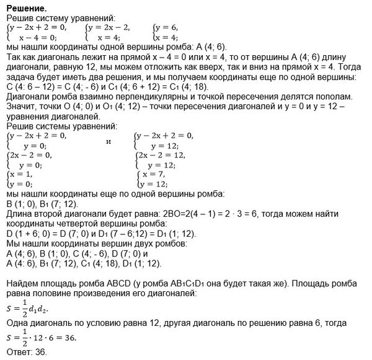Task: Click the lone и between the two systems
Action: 109,141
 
